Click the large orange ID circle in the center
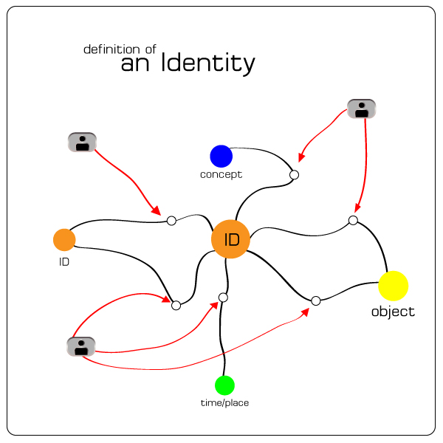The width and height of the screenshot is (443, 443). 230,239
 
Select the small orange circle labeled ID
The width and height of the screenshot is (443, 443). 64,239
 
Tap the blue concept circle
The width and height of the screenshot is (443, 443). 221,156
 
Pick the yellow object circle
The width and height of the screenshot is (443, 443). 393,286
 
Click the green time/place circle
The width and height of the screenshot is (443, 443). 224,385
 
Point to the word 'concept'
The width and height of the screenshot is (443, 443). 221,175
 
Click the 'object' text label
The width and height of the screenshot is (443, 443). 393,312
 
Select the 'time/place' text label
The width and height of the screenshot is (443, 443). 225,403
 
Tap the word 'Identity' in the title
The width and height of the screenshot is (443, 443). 208,64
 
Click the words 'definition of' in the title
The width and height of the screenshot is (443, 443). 120,49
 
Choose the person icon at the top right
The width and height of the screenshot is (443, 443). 361,109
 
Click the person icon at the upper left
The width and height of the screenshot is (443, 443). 82,142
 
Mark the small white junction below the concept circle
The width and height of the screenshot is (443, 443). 294,175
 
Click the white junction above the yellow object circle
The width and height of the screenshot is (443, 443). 353,220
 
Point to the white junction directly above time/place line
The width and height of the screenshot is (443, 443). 223,298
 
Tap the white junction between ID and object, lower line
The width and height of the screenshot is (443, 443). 315,301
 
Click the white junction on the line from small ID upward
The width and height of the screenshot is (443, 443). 171,220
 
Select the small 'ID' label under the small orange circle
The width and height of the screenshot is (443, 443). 64,261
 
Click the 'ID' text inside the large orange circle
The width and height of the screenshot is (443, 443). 231,240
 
